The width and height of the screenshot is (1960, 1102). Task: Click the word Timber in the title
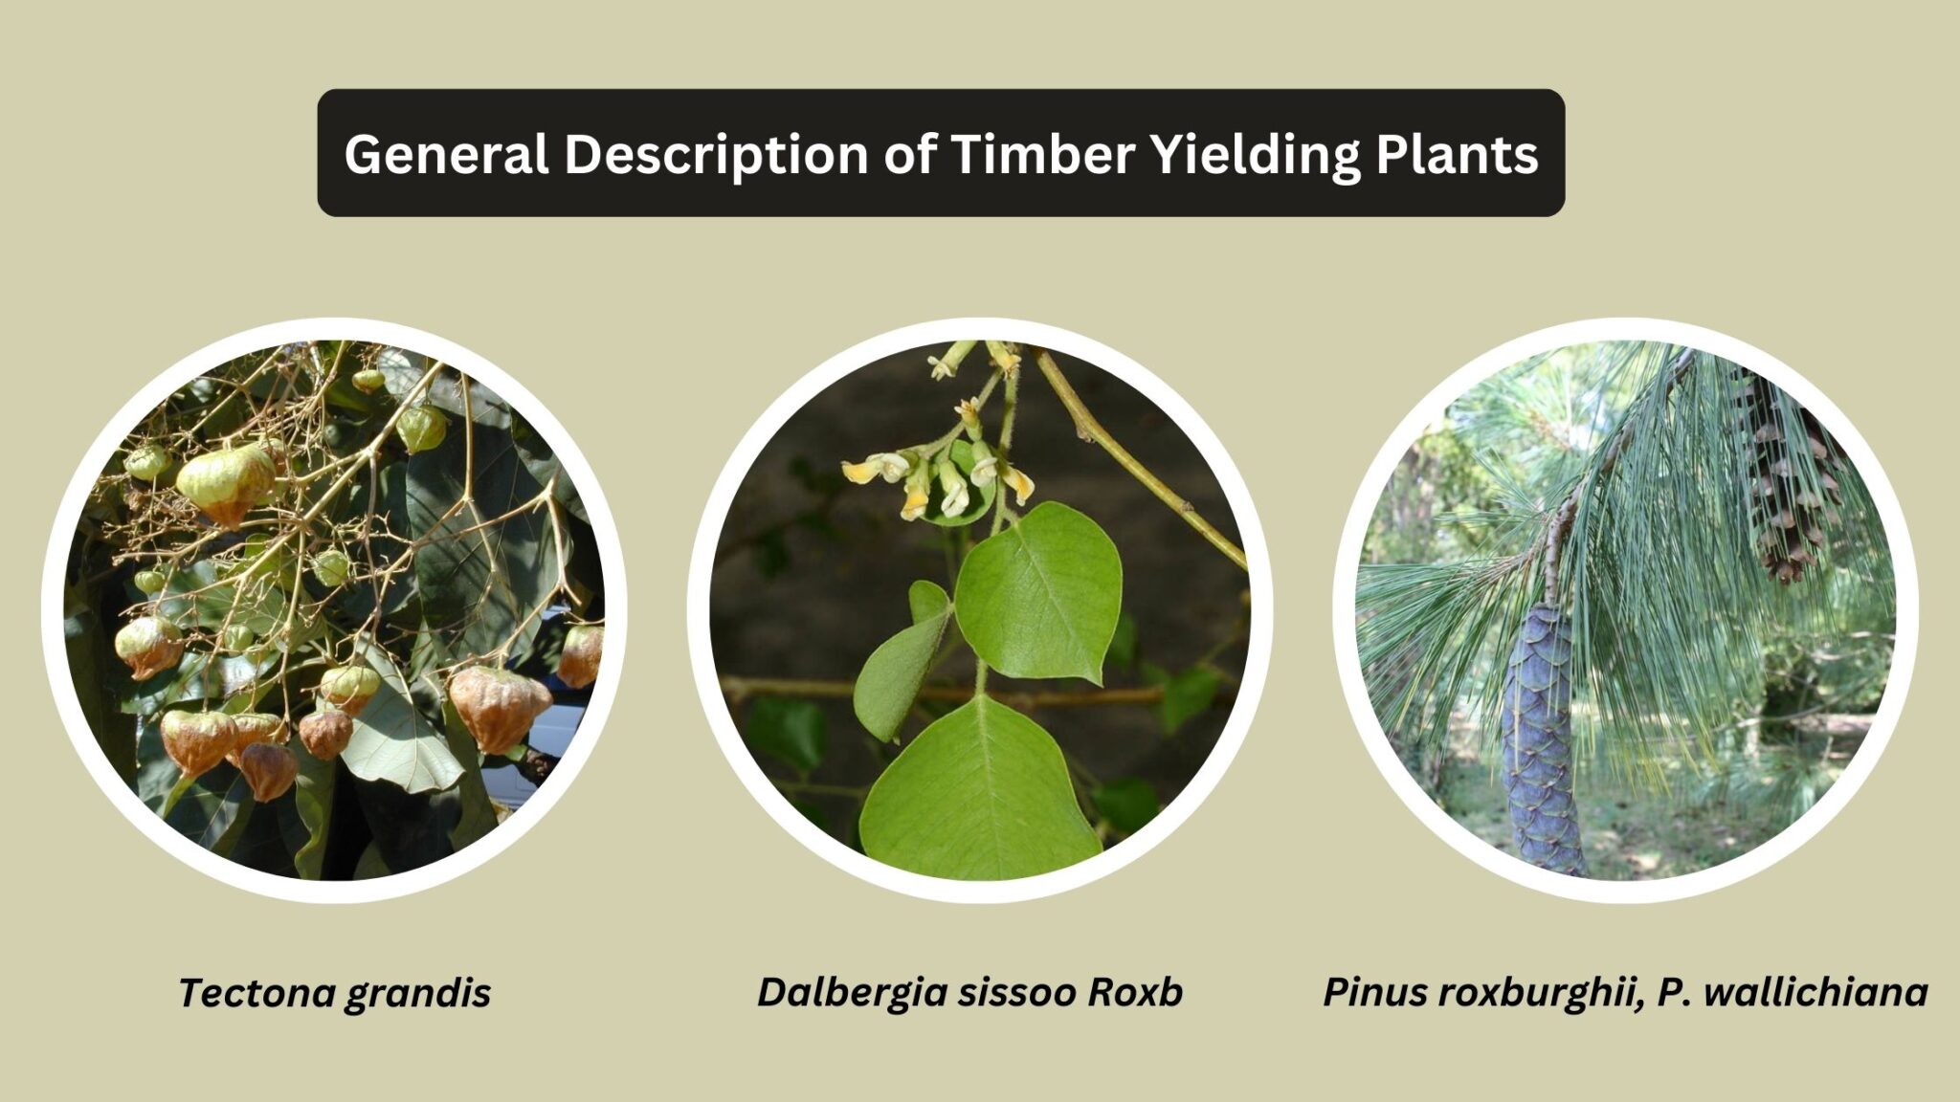[x=1043, y=153]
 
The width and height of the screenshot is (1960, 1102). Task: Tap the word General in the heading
[x=447, y=153]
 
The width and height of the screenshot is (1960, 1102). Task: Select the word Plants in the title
[x=1457, y=155]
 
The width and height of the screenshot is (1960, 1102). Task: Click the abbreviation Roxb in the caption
[x=1135, y=992]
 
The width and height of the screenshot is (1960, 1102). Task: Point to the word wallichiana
[x=1815, y=992]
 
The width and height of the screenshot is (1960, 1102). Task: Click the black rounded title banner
[x=941, y=153]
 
